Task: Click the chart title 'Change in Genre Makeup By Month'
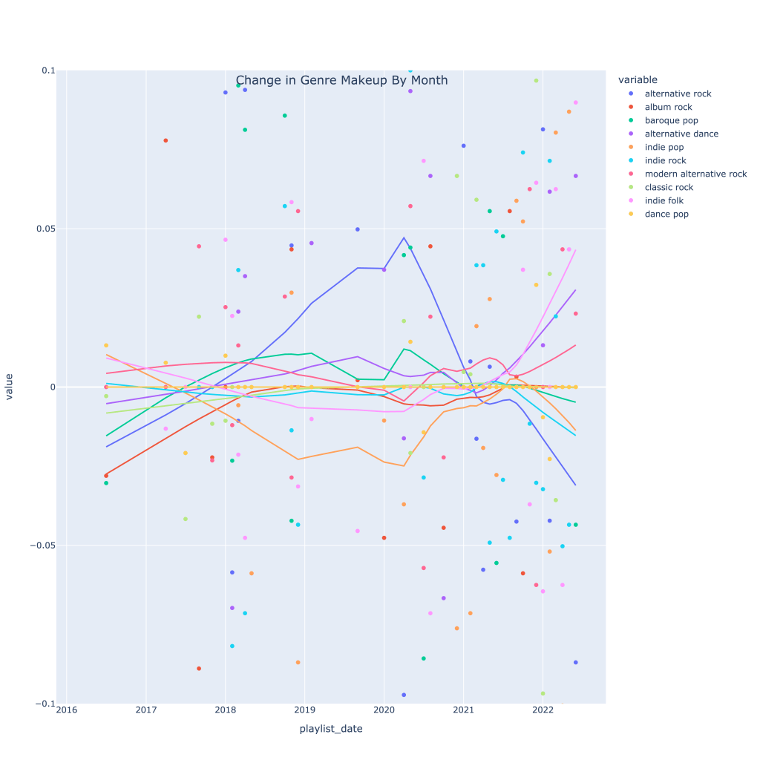[x=341, y=80]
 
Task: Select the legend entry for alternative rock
[x=678, y=94]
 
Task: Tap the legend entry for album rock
[x=668, y=107]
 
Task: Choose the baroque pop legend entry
[x=671, y=120]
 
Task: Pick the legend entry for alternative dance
[x=681, y=134]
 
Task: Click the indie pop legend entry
[x=665, y=147]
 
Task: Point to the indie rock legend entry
[x=665, y=160]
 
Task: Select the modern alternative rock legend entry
[x=695, y=174]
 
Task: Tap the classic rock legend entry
[x=670, y=187]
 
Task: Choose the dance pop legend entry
[x=666, y=214]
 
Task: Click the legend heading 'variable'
[x=638, y=79]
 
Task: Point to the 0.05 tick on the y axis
[x=47, y=229]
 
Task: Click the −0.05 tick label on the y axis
[x=44, y=546]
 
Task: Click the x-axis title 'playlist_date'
[x=331, y=729]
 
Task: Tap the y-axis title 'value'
[x=10, y=387]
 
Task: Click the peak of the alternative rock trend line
[x=404, y=237]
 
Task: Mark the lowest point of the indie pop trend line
[x=404, y=466]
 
